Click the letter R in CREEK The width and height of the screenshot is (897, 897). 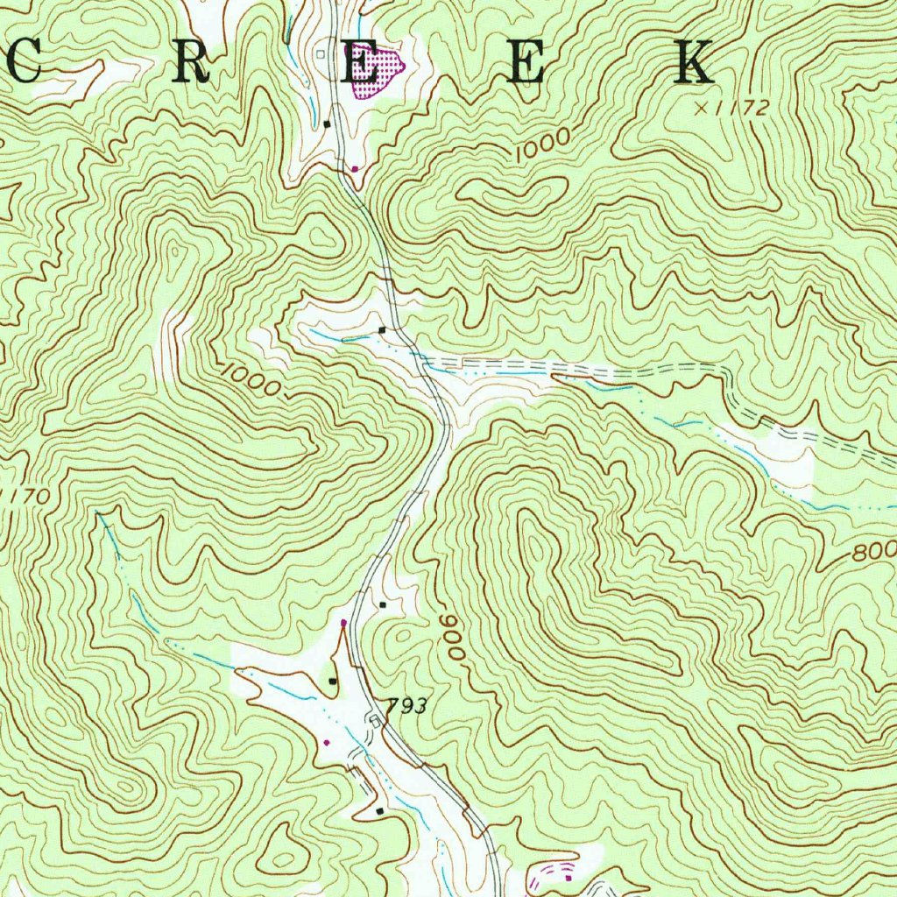pyautogui.click(x=192, y=64)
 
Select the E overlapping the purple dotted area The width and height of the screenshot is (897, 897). pyautogui.click(x=358, y=66)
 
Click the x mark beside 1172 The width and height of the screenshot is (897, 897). pyautogui.click(x=701, y=108)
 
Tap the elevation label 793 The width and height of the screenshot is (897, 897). pyautogui.click(x=407, y=706)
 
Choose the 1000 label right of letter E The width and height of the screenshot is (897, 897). pyautogui.click(x=542, y=144)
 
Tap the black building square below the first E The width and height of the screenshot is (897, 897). pyautogui.click(x=328, y=124)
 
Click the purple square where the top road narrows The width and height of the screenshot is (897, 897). pyautogui.click(x=354, y=167)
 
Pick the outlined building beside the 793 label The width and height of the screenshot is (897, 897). pyautogui.click(x=375, y=720)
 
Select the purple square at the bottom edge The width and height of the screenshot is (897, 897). pyautogui.click(x=568, y=876)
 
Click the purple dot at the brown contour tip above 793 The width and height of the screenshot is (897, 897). pyautogui.click(x=343, y=623)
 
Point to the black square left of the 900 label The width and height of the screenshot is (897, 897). pyautogui.click(x=384, y=604)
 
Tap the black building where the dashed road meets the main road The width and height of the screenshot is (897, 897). pyautogui.click(x=382, y=329)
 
